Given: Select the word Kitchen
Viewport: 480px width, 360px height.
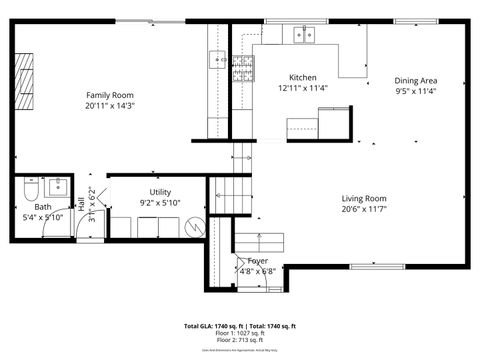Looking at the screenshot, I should (x=303, y=78).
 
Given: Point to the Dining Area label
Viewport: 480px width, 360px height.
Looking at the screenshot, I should (x=415, y=81).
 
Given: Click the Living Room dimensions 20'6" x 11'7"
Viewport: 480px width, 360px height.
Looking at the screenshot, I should (x=364, y=209).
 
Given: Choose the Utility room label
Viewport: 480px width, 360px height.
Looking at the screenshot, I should (x=161, y=191).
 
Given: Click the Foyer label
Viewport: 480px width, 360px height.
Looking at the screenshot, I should (x=257, y=261).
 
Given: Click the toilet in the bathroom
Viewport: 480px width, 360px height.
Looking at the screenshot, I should (x=31, y=189).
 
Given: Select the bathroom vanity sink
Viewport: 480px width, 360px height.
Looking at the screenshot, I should (x=58, y=186).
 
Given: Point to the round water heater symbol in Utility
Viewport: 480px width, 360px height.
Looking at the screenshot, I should (x=195, y=228).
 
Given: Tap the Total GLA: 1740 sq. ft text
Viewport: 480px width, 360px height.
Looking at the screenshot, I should (x=212, y=326).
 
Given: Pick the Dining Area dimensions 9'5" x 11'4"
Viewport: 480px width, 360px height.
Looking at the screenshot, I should (x=415, y=91).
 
